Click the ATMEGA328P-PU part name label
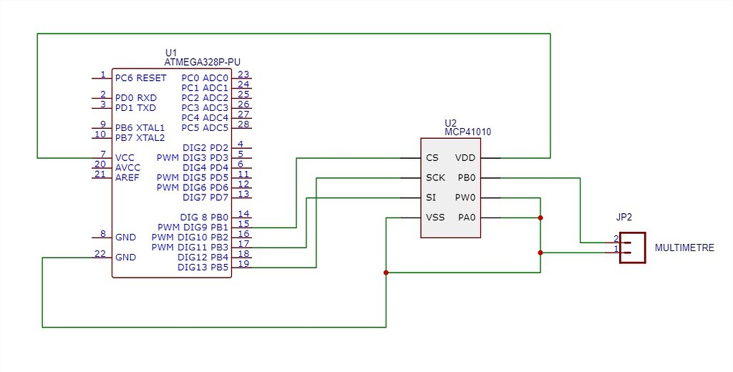(x=202, y=62)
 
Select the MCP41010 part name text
(x=467, y=132)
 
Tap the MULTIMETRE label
(x=684, y=248)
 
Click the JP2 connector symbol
(x=633, y=248)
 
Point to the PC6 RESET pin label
(x=140, y=78)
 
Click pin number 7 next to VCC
(x=103, y=155)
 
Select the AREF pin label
(x=127, y=177)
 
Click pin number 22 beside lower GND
(x=101, y=254)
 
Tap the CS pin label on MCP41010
(x=432, y=158)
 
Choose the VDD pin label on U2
(x=465, y=158)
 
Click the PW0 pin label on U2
(x=465, y=197)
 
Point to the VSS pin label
(x=435, y=217)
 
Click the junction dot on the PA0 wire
(x=540, y=217)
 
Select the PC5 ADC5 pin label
(x=205, y=128)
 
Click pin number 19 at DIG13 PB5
(x=243, y=264)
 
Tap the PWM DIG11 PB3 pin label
(x=190, y=248)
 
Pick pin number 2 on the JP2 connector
(x=616, y=239)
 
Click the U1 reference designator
(x=170, y=53)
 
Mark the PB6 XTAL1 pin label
(x=140, y=127)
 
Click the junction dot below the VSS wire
(x=387, y=273)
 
